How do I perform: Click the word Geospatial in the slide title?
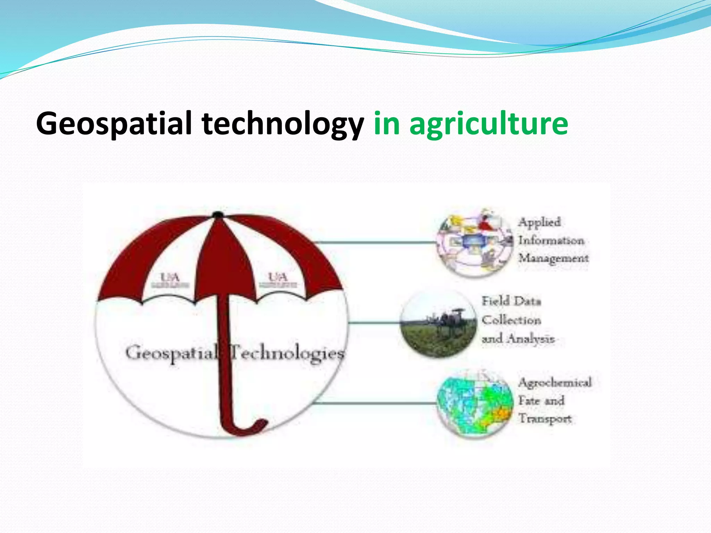pos(114,124)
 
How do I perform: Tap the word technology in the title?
pos(283,124)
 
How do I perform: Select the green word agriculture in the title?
pos(489,124)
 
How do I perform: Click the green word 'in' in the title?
pos(386,124)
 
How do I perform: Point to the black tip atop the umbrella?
pos(218,215)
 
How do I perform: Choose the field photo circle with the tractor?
pos(438,323)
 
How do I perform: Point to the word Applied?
pos(539,222)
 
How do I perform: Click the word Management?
pos(553,259)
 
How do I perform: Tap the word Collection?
pos(511,320)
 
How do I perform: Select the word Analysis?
pos(531,339)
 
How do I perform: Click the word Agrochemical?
pos(555,383)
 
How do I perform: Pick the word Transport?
pos(545,419)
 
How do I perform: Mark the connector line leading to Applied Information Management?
pos(375,242)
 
